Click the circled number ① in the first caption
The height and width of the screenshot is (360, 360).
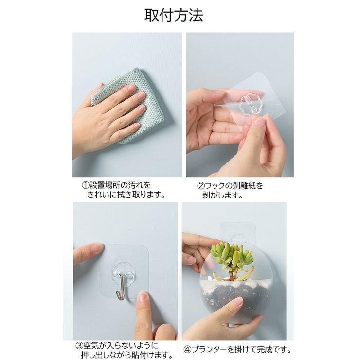(85, 185)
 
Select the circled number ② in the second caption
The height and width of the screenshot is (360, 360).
(200, 186)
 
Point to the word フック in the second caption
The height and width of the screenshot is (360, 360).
(217, 186)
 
